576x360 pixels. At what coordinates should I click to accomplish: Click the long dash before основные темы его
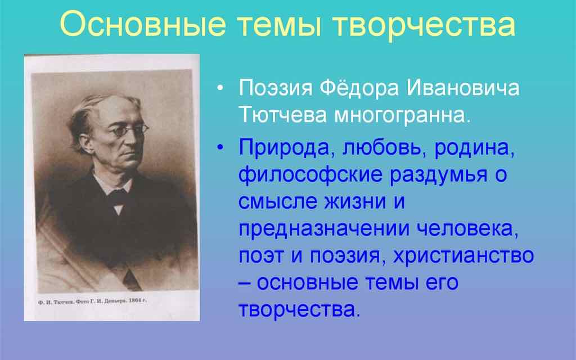point(245,283)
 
